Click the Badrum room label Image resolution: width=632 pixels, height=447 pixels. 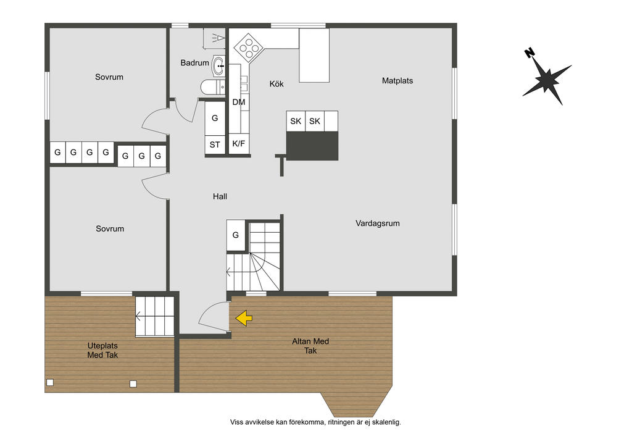(x=194, y=63)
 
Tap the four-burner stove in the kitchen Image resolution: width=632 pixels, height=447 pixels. (x=249, y=47)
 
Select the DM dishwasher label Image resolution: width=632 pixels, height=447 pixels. (x=239, y=102)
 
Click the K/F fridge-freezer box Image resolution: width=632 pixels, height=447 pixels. (x=239, y=144)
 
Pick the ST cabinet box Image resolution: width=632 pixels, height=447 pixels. (x=215, y=145)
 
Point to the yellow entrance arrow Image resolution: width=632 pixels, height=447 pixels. (x=244, y=318)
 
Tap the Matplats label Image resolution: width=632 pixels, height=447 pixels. (x=397, y=81)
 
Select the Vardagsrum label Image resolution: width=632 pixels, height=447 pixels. (x=378, y=223)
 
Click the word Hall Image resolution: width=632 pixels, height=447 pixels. (x=220, y=197)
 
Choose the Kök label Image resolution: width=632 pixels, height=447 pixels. (x=276, y=84)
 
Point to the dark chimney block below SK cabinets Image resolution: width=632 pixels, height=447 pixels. (x=312, y=146)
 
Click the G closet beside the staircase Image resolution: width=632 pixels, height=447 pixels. (x=236, y=235)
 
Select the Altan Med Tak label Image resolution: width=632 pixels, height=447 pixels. (x=310, y=346)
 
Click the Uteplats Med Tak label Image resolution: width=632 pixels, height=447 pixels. (x=103, y=350)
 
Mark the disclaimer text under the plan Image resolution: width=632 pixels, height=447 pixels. (x=315, y=422)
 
